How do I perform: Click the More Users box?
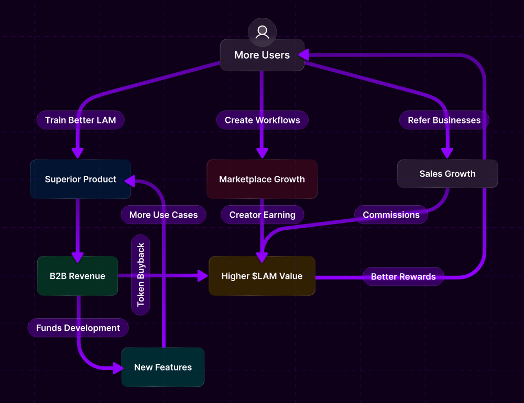tap(262, 55)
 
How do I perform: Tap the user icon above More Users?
tap(262, 32)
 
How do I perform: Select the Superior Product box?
tap(81, 179)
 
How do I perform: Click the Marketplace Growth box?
tap(262, 179)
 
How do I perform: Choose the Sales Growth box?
tap(447, 174)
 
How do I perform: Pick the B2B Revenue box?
tap(78, 276)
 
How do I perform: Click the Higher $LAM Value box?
tap(262, 276)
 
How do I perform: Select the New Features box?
tap(163, 367)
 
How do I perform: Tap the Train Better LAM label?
tap(80, 120)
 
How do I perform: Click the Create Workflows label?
tap(263, 120)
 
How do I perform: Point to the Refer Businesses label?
tap(444, 120)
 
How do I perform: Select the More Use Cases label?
tap(163, 215)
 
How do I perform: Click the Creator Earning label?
tap(263, 215)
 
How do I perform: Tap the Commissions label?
tap(391, 215)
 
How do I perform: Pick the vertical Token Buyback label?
tap(140, 275)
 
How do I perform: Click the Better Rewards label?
tap(403, 276)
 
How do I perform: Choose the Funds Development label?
tap(78, 328)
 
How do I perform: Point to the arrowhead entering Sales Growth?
tap(447, 153)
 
